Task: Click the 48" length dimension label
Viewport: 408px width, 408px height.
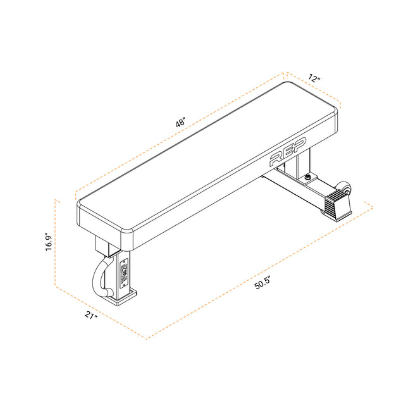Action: pyautogui.click(x=180, y=123)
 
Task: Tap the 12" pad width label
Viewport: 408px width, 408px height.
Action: pyautogui.click(x=314, y=78)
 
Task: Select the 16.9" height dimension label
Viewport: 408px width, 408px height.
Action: pyautogui.click(x=49, y=242)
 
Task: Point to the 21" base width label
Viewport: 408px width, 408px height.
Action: pyautogui.click(x=91, y=316)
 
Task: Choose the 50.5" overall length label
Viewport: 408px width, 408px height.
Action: pyautogui.click(x=263, y=283)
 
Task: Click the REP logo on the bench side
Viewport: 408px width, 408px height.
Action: pyautogui.click(x=288, y=152)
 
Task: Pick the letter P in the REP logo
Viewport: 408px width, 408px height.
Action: pyautogui.click(x=300, y=144)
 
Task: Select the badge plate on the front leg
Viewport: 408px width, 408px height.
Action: pyautogui.click(x=124, y=273)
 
